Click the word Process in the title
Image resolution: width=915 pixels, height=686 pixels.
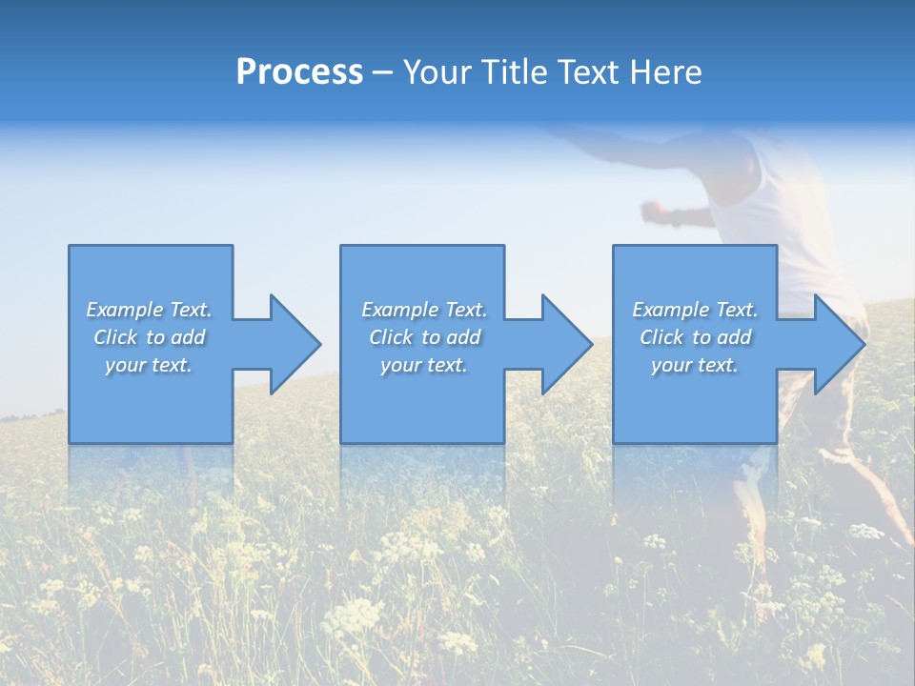[x=299, y=72]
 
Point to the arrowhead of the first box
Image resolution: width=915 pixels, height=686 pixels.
[x=295, y=344]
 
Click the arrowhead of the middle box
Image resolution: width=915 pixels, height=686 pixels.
[x=567, y=344]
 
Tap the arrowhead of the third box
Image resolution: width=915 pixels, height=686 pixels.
[x=840, y=344]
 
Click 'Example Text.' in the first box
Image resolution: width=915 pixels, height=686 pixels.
[x=149, y=310]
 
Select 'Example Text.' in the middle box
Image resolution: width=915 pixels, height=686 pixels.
[x=424, y=310]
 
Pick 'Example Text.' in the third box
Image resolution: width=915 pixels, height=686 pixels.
[x=695, y=310]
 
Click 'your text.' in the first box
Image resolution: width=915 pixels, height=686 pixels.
[x=149, y=365]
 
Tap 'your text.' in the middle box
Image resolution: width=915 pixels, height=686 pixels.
[x=424, y=365]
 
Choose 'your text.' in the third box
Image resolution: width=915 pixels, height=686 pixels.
[x=695, y=365]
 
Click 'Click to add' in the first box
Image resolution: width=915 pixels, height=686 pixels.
[x=149, y=337]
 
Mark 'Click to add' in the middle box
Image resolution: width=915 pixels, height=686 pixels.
[x=424, y=337]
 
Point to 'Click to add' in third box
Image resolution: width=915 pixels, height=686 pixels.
[x=695, y=337]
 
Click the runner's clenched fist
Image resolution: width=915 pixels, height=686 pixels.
[x=654, y=210]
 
